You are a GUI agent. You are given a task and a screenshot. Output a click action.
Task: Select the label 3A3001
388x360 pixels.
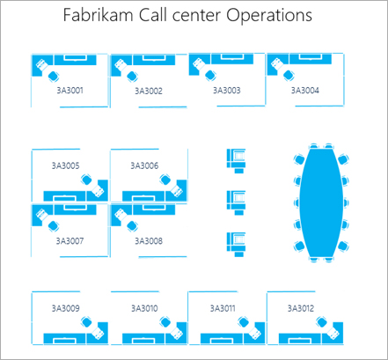(x=70, y=90)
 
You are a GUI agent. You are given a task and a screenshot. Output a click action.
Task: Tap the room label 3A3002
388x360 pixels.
(x=148, y=91)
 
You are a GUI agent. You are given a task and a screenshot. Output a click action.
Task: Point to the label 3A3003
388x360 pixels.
(x=225, y=90)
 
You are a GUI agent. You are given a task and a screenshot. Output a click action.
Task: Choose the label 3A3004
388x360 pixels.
(x=304, y=90)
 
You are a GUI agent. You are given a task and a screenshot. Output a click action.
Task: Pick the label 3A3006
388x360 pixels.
(x=144, y=165)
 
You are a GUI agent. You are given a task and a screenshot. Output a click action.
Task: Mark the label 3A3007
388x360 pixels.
(x=70, y=239)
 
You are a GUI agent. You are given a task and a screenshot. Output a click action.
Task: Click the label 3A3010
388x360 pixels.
(x=143, y=308)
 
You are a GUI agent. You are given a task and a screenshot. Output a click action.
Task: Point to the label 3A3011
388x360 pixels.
(x=221, y=308)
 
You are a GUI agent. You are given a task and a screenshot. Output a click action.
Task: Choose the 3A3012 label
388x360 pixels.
(x=300, y=308)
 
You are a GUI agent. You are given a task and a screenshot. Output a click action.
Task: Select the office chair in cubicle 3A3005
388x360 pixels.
(x=86, y=180)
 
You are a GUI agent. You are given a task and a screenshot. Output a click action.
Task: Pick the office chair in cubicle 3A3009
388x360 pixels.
(x=86, y=323)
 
